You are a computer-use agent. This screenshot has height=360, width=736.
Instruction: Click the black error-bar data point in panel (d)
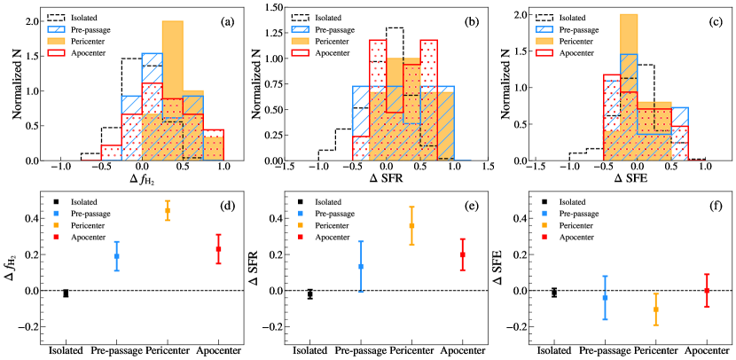(x=66, y=293)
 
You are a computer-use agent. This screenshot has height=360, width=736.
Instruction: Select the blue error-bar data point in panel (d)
(x=117, y=256)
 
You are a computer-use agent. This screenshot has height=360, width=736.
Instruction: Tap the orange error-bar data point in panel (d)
(x=168, y=211)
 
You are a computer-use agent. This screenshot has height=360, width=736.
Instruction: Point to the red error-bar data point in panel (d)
(x=219, y=249)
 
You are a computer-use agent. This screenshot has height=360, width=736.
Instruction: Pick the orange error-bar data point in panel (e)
(x=411, y=225)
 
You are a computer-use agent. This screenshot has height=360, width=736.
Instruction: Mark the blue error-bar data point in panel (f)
(x=605, y=298)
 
